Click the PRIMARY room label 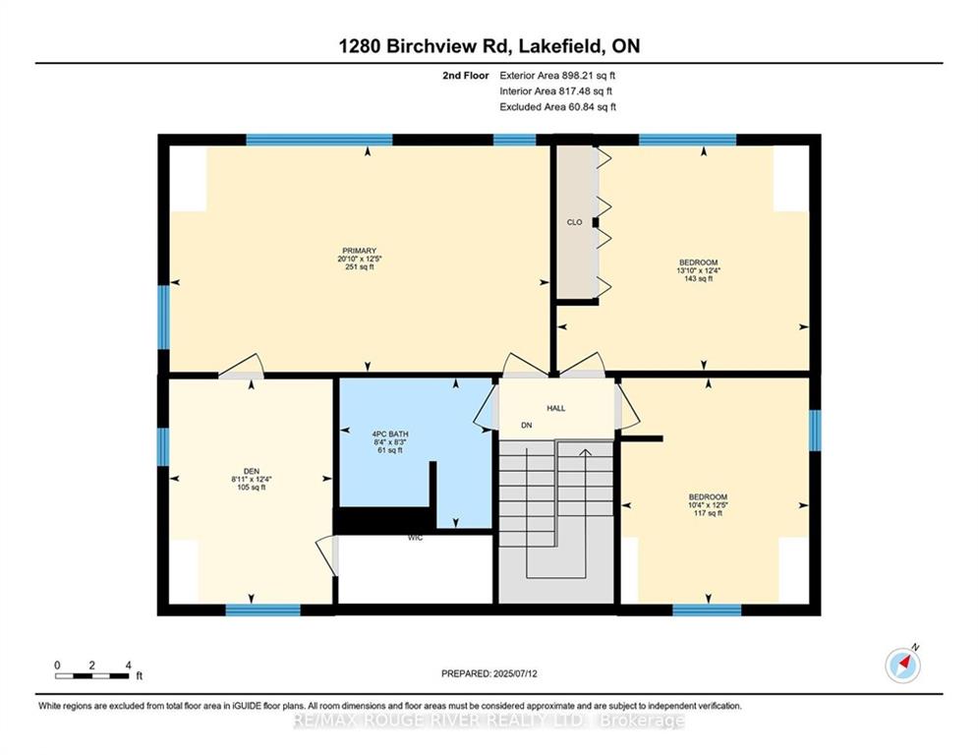[360, 251]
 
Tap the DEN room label [252, 471]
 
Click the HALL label [555, 408]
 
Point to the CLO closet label [575, 222]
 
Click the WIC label [415, 539]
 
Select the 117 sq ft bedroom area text [707, 513]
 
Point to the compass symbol [902, 665]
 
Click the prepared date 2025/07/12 [489, 673]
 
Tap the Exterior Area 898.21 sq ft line [557, 75]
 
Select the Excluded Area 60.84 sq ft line [557, 106]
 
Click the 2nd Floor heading [465, 75]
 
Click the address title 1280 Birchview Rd [489, 46]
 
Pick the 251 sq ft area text [360, 267]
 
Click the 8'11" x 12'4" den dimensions [252, 479]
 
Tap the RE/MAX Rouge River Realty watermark [489, 721]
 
